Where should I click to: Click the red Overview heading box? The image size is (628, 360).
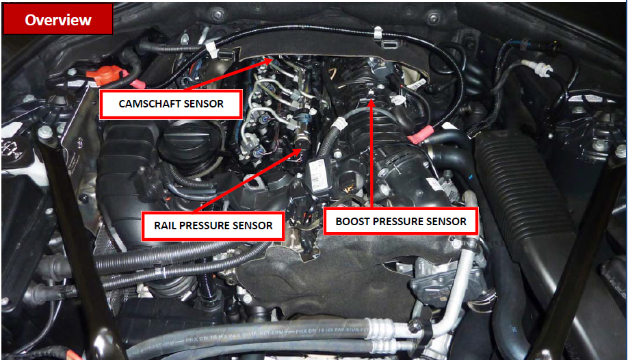click(58, 19)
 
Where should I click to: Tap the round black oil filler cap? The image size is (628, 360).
click(187, 142)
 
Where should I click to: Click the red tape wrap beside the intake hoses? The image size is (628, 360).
click(421, 134)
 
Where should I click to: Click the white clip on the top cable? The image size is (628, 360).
click(212, 50)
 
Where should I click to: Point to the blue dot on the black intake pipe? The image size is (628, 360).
click(471, 177)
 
